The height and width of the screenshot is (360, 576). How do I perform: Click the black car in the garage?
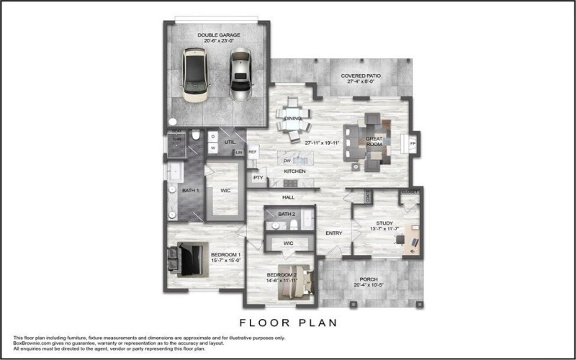(x=194, y=73)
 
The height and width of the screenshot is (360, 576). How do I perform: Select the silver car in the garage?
(x=240, y=73)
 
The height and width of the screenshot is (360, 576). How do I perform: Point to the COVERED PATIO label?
(x=361, y=75)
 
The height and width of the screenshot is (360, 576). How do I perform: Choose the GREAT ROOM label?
(x=374, y=141)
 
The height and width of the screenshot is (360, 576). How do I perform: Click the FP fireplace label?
(x=413, y=143)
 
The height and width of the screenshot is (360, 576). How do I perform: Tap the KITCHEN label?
(x=294, y=171)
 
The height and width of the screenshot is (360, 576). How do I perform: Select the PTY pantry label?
(x=256, y=176)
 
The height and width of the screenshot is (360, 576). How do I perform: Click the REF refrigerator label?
(x=253, y=152)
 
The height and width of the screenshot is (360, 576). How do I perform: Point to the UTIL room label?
(x=230, y=142)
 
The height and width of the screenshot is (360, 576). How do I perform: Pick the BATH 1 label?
(x=189, y=191)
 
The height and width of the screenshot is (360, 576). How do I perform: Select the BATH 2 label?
(x=287, y=215)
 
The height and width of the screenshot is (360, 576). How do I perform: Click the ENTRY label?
(x=333, y=233)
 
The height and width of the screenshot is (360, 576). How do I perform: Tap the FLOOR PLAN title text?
(x=288, y=323)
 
